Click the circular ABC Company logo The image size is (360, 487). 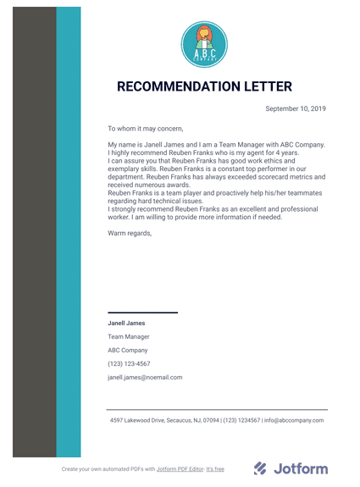coord(204,44)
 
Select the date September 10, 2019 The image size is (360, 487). coord(296,108)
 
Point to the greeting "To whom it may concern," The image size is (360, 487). coord(145,129)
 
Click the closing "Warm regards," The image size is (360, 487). coord(130,232)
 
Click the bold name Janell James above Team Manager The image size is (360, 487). coord(126,323)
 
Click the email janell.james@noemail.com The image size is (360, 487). coord(145,377)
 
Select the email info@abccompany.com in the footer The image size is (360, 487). coord(295,420)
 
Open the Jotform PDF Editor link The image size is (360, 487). coord(180,468)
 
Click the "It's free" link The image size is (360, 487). coord(215,468)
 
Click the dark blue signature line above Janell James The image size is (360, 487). coord(142,313)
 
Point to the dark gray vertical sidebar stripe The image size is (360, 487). coord(34,237)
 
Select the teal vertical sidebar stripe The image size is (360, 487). coord(69,237)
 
